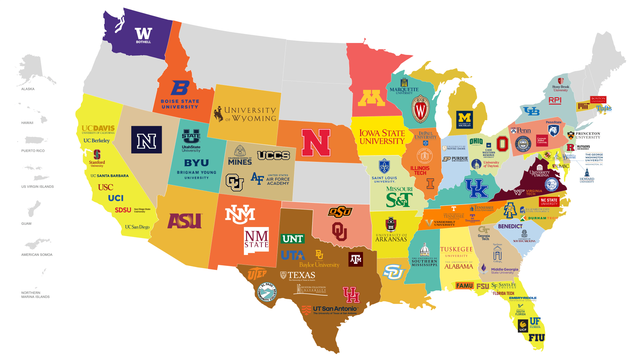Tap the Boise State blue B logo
(x=180, y=88)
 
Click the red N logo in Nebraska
(x=316, y=143)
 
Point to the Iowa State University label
(x=382, y=137)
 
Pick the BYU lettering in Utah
(x=196, y=163)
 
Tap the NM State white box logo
(x=256, y=240)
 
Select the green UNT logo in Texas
(x=292, y=239)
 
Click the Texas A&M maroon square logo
(x=355, y=259)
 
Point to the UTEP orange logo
(x=257, y=274)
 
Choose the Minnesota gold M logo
(x=371, y=98)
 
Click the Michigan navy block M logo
(x=465, y=119)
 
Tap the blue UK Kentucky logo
(x=476, y=188)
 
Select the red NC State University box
(x=549, y=202)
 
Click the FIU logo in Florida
(x=537, y=338)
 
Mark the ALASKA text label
(x=28, y=89)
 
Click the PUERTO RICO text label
(x=33, y=151)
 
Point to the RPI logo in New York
(x=555, y=100)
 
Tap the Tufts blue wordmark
(x=604, y=109)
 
